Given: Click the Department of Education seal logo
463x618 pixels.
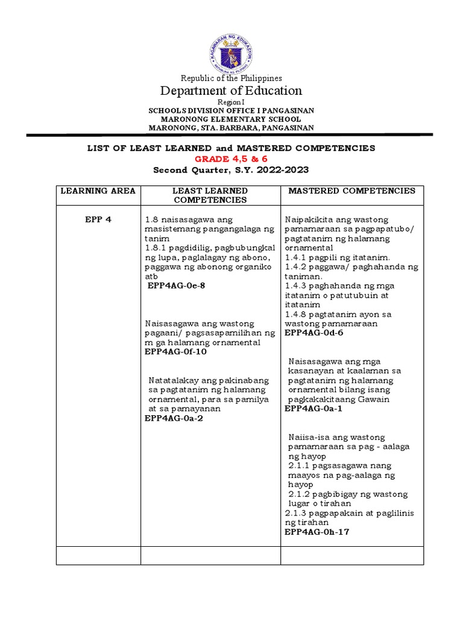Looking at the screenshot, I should coord(231,53).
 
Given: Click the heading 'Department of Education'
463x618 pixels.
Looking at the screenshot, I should coord(231,91).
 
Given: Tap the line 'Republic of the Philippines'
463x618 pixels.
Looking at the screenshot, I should coord(231,78).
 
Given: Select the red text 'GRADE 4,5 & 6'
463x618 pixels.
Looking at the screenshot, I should coord(231,159).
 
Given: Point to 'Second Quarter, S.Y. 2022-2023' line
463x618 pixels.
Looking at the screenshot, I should coord(231,170).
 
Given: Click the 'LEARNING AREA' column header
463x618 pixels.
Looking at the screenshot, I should coord(98,191).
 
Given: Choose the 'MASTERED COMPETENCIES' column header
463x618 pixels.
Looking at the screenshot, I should coord(352,191).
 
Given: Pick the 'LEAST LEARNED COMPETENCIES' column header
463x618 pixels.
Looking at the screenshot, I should coord(210,195).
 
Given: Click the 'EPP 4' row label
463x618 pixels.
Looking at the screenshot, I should coord(98,220).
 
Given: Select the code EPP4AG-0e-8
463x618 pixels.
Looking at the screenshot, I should coord(177,285).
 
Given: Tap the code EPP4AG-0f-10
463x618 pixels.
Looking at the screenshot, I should coord(175,352).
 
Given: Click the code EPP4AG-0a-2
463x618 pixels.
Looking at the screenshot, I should coord(174,418).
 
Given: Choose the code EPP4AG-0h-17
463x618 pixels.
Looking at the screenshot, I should coord(317,532).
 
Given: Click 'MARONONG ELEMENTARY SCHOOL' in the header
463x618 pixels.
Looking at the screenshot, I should coord(231,119).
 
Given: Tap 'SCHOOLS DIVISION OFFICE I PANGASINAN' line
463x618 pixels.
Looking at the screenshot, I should coord(231,111).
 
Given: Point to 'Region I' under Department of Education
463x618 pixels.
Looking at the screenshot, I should coord(231,103).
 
